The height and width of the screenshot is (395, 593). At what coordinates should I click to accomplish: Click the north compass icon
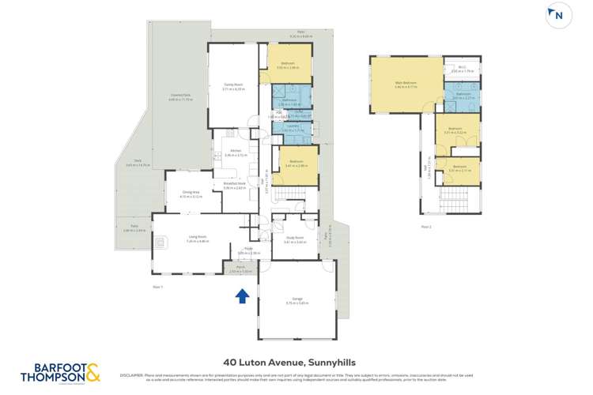(x=558, y=15)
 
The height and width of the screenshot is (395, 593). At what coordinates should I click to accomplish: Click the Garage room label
(x=296, y=299)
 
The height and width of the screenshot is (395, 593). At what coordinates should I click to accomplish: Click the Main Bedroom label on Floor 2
(x=405, y=82)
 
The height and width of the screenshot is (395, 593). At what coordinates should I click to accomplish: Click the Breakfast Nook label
(x=236, y=184)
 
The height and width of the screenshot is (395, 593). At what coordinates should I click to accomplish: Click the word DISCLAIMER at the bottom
(x=131, y=374)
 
